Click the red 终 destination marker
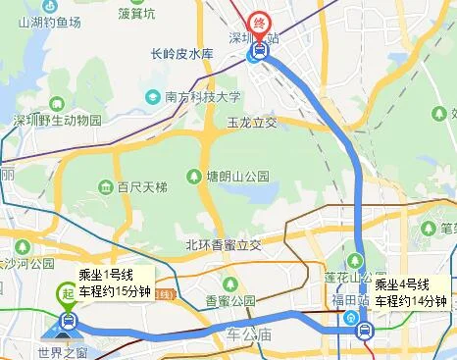click(x=259, y=22)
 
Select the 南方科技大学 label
click(x=203, y=97)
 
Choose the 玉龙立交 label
click(x=252, y=124)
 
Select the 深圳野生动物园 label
click(x=57, y=121)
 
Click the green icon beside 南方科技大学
click(x=153, y=97)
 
